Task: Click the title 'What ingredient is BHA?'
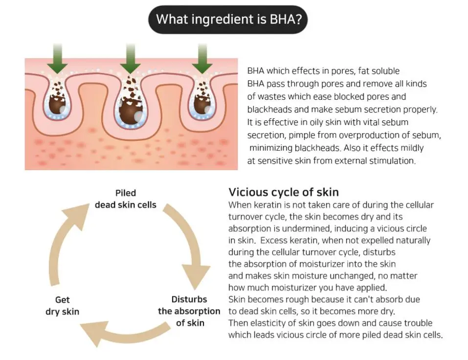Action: [x=229, y=19]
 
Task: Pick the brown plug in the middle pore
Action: [x=131, y=110]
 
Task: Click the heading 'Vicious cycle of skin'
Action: [x=284, y=192]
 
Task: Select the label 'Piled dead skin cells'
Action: [x=125, y=199]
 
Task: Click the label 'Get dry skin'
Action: [x=63, y=306]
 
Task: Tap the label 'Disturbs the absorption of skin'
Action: [x=189, y=311]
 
